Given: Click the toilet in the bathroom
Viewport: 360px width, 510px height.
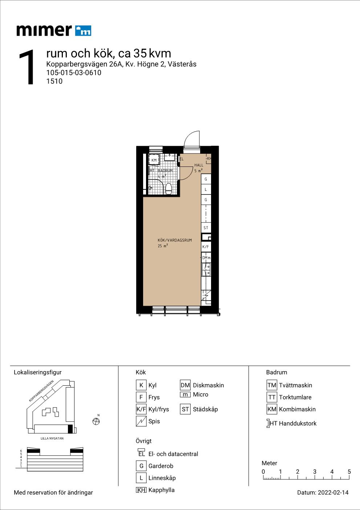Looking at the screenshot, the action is pos(169,189).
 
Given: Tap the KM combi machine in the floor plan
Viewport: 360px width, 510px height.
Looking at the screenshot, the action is pos(154,160).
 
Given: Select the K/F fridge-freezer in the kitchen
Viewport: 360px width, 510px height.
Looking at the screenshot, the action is pos(206,246).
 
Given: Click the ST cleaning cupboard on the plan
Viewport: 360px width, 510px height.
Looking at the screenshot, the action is pos(206,228).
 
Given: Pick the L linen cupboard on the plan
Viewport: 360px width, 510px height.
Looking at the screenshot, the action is pos(206,189).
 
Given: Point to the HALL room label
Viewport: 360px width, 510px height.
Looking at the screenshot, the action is pos(199,165).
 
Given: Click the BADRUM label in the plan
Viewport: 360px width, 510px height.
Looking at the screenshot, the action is pos(165,170).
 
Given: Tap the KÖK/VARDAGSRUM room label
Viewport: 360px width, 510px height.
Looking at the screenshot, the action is pos(175,240).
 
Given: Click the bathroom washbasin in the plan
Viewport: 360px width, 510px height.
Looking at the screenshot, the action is pos(170,157).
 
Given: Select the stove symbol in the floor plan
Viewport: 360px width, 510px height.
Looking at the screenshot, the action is pos(206,297).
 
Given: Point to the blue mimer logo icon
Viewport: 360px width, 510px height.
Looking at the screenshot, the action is pos(83,31).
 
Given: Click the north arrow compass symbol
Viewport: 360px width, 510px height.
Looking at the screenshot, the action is pos(96,421).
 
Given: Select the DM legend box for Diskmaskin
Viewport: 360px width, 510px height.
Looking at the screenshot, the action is pos(185,385).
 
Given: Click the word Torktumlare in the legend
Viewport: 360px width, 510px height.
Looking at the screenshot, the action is pos(295,397).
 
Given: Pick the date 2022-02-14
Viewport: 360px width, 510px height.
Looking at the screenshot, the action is pos(333,493).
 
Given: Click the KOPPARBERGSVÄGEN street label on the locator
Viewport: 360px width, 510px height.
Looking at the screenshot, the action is pos(41,391).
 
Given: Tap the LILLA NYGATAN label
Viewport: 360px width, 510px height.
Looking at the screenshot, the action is pos(52,438).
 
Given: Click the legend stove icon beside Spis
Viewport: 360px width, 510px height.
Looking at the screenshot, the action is pos(141,421).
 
